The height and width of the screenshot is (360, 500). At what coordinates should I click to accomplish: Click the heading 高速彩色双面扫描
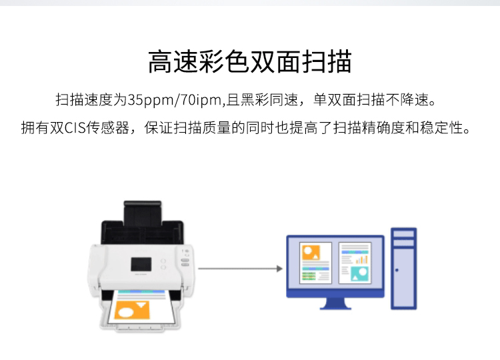point(250,61)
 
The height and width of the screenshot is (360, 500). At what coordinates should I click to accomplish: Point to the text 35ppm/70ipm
point(175,100)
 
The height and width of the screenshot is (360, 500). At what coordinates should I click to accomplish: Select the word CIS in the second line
point(75,128)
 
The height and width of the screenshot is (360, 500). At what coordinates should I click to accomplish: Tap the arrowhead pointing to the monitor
point(279,269)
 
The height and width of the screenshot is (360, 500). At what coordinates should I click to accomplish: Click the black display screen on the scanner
point(141,265)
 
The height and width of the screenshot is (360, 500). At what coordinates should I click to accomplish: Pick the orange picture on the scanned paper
point(132,309)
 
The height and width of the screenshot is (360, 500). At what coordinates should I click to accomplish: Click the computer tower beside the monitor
point(404,269)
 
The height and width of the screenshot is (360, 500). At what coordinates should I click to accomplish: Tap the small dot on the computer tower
point(397,270)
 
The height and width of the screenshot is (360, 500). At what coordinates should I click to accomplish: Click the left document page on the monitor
point(315,263)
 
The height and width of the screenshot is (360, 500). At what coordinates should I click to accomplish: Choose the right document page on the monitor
point(355,263)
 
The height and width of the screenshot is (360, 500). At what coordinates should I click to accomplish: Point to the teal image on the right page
point(359,273)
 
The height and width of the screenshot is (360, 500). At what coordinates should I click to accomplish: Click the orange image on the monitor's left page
point(311,253)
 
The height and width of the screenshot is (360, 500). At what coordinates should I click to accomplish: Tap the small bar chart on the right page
point(361,260)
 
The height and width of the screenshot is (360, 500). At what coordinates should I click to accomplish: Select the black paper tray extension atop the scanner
point(143,213)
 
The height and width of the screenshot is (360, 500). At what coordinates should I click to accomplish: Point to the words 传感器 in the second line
point(107,128)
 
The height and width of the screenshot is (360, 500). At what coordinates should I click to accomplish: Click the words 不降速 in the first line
point(407,100)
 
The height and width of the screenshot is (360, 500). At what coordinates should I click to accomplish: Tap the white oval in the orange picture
point(126,313)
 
